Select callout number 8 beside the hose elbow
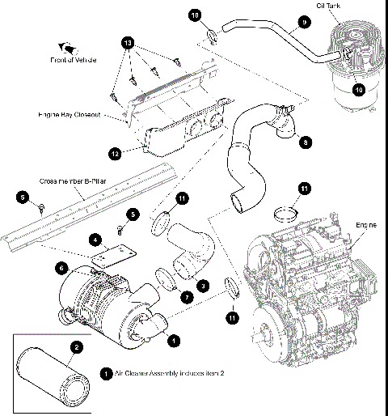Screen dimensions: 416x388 pos(306,142)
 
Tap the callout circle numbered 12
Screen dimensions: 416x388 pos(116,151)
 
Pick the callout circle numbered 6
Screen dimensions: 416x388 pos(60,268)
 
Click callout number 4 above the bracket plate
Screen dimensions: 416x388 pos(95,240)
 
